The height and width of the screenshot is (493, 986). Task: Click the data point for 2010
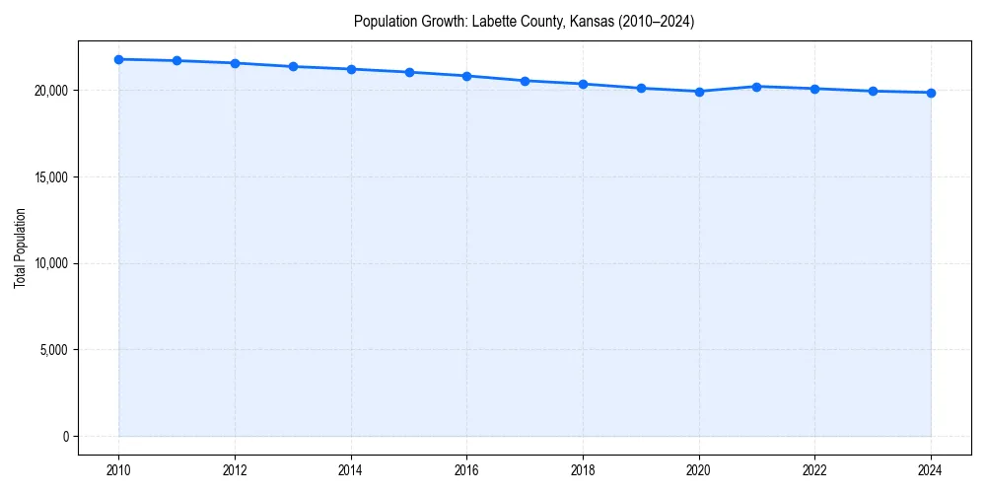pyautogui.click(x=118, y=59)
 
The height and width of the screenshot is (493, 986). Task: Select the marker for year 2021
pyautogui.click(x=756, y=87)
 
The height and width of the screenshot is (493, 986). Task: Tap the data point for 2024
pyautogui.click(x=931, y=93)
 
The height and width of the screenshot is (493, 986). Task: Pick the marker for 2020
pyautogui.click(x=699, y=92)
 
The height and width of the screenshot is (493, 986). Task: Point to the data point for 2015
pyautogui.click(x=409, y=72)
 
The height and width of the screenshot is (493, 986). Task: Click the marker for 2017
pyautogui.click(x=525, y=81)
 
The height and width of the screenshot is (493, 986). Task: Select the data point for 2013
pyautogui.click(x=293, y=66)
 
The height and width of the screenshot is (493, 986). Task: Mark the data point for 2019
pyautogui.click(x=641, y=88)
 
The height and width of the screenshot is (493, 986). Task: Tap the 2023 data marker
pyautogui.click(x=873, y=91)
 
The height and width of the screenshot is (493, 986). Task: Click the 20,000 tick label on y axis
pyautogui.click(x=48, y=91)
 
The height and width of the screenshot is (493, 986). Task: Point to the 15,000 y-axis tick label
pyautogui.click(x=48, y=177)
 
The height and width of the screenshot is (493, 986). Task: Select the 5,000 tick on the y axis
pyautogui.click(x=51, y=350)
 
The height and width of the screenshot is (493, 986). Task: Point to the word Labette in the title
pyautogui.click(x=493, y=22)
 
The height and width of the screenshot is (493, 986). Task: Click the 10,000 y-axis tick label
pyautogui.click(x=48, y=263)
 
